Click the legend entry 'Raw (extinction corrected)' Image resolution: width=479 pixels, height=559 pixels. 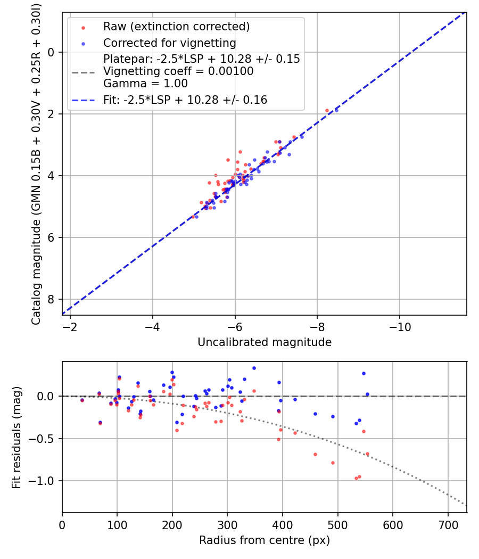[176, 27]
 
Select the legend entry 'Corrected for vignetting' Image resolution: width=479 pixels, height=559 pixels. [169, 43]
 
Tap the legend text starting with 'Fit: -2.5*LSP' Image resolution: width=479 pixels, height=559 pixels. [185, 100]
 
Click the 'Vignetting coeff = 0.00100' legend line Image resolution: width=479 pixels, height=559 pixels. [178, 71]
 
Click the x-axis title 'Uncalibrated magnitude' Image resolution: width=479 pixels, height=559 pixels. [265, 342]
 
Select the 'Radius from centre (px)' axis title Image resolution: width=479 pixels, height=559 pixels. [265, 540]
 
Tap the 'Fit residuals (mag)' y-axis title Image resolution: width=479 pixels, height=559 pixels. [16, 437]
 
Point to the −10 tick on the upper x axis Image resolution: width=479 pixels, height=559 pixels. [400, 326]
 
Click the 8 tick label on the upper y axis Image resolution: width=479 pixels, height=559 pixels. [51, 299]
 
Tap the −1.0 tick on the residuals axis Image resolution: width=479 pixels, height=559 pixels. [45, 481]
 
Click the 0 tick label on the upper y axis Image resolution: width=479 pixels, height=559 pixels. [51, 52]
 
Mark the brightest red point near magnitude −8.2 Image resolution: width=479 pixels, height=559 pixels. [327, 110]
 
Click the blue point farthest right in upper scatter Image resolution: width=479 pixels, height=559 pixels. [336, 110]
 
